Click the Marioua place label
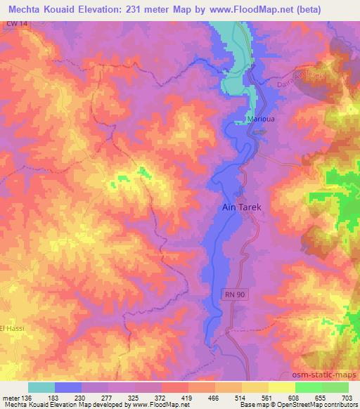click(259, 119)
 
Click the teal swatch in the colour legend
click(41, 387)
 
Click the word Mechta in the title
click(25, 10)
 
